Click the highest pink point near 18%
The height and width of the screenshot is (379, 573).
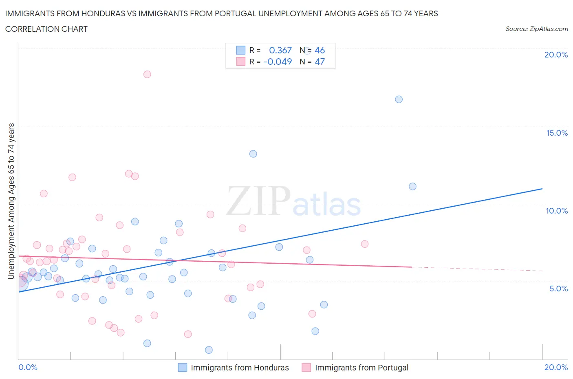[147, 74]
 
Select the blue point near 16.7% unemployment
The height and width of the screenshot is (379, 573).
[399, 99]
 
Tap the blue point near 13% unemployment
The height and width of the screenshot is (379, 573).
[253, 154]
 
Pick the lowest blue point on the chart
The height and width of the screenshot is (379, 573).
[209, 350]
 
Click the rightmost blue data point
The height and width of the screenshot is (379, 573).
[412, 186]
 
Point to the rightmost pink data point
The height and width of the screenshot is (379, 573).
[365, 244]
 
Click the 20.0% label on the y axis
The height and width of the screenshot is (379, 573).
[556, 55]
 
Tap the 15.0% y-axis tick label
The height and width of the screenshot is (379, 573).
[557, 133]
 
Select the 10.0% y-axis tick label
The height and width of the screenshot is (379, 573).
[557, 211]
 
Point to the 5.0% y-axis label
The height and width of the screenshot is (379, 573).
[558, 289]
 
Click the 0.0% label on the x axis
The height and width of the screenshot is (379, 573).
[28, 367]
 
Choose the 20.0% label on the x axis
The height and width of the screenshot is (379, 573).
[556, 367]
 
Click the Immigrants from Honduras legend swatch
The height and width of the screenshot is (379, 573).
[183, 368]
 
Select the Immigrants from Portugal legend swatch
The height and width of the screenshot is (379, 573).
[306, 368]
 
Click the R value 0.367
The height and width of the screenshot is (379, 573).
[280, 50]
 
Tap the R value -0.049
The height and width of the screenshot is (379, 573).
[278, 62]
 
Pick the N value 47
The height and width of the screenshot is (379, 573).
[320, 62]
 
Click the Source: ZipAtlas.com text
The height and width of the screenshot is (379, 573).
[536, 29]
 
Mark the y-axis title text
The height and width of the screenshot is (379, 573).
[11, 201]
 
